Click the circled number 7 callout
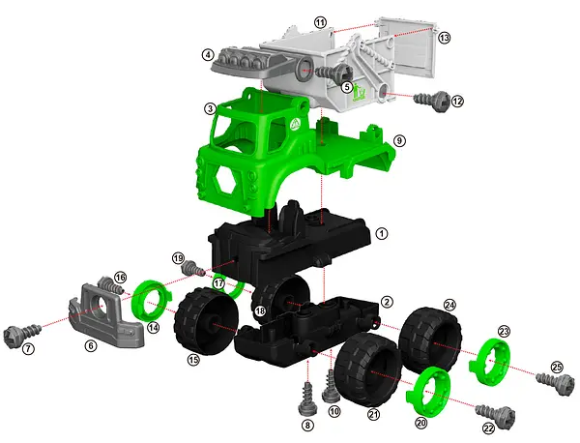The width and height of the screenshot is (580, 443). coord(28,348)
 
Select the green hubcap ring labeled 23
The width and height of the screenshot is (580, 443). coord(490,361)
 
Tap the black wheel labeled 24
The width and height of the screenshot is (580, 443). coord(430,340)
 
